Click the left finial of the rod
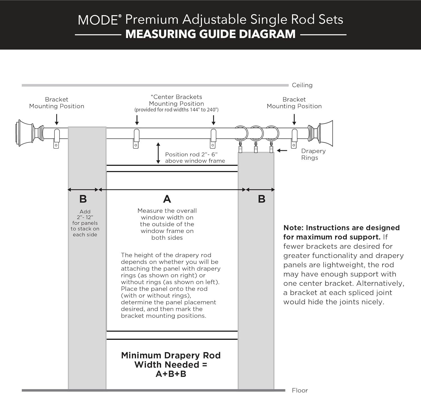[25, 133]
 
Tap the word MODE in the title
[98, 20]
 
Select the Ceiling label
[302, 85]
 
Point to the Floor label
[300, 390]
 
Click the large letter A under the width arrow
[167, 199]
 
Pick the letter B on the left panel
[83, 199]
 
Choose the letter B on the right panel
[262, 199]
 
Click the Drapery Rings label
[313, 154]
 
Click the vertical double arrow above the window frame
[158, 153]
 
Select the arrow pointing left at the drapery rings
[282, 151]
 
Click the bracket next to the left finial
[56, 138]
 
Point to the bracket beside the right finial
[294, 138]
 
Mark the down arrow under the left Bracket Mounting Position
[57, 119]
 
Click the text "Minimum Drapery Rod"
[171, 355]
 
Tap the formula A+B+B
[171, 374]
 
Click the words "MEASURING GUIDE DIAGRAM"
[210, 34]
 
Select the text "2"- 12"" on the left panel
[85, 217]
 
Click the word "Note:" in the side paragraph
[293, 228]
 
